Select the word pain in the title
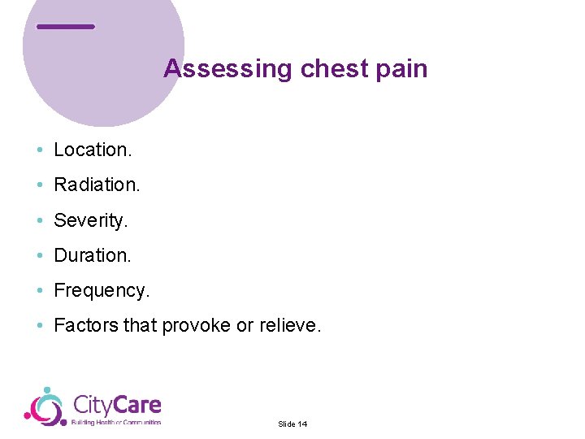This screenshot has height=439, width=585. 401,68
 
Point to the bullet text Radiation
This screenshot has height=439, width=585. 97,185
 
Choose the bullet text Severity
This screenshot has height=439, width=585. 91,219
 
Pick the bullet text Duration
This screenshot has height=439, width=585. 92,255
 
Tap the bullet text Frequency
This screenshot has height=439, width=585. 102,290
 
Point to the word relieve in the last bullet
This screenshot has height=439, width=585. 290,326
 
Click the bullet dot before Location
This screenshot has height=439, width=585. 39,150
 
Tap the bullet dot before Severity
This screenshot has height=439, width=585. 39,220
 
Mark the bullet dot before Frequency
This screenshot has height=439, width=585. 39,291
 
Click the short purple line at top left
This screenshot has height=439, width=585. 66,27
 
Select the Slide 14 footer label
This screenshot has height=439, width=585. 292,424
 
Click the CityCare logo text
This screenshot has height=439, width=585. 117,405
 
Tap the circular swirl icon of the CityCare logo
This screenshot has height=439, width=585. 45,406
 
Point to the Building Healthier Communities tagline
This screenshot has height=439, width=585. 116,423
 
